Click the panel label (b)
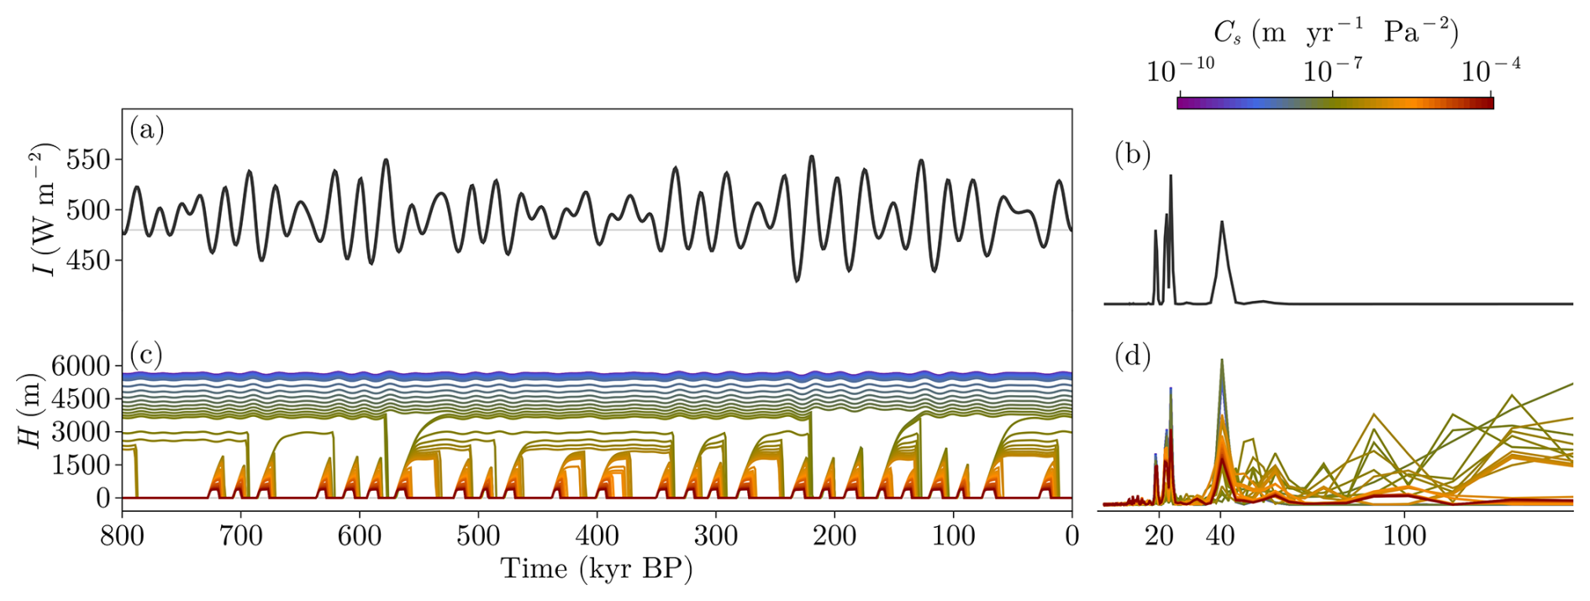[x=1132, y=155]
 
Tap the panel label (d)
[x=1132, y=356]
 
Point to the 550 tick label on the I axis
[x=89, y=160]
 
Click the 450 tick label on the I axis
[x=89, y=261]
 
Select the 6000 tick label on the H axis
[x=81, y=366]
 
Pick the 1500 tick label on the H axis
[x=81, y=465]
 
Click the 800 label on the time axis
[x=123, y=535]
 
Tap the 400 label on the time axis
[x=598, y=535]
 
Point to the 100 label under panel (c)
[x=953, y=535]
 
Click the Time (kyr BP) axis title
[x=597, y=569]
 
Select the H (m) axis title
[x=31, y=410]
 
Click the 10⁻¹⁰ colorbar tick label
[x=1180, y=71]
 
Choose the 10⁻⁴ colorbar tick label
[x=1491, y=71]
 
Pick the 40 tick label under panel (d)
[x=1220, y=535]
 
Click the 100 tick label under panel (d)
[x=1404, y=535]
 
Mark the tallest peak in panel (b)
[x=1171, y=177]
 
